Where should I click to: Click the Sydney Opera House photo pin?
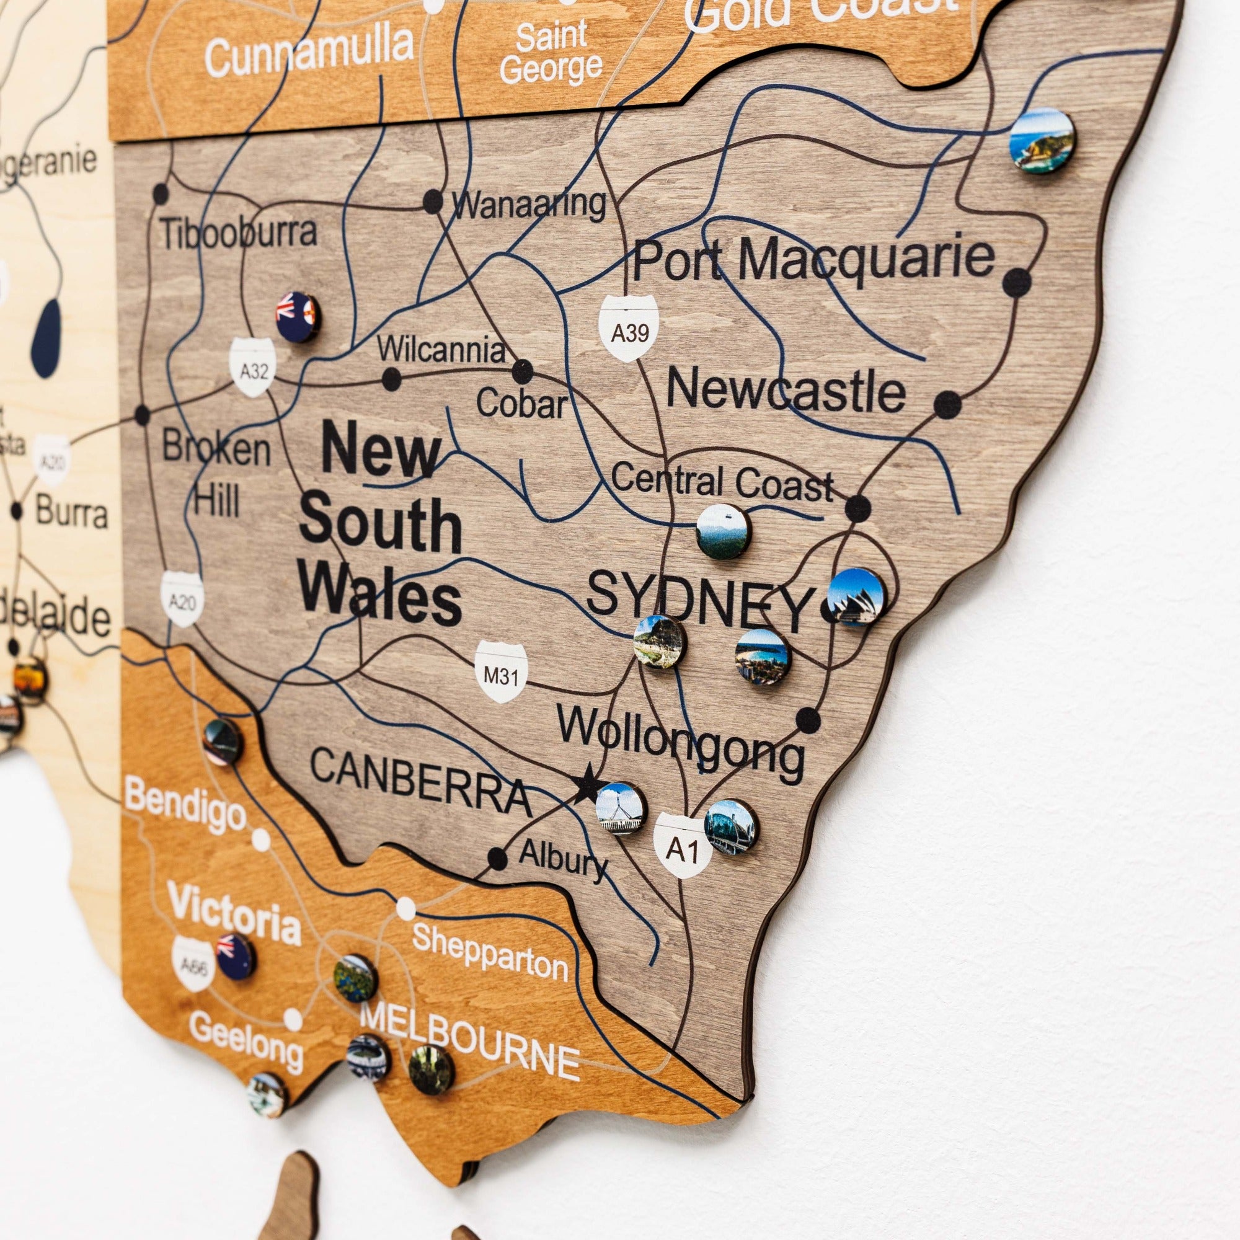(856, 597)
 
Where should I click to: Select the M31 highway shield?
(500, 673)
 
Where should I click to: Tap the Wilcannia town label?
(441, 350)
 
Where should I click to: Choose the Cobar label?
(521, 404)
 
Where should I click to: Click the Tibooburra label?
(238, 232)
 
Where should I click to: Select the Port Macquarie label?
(813, 260)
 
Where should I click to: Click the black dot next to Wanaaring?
(433, 201)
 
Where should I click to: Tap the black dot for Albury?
(497, 857)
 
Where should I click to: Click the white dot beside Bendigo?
(260, 839)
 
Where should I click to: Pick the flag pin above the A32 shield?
(298, 316)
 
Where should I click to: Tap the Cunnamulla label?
(309, 50)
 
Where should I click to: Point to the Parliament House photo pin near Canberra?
(621, 808)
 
